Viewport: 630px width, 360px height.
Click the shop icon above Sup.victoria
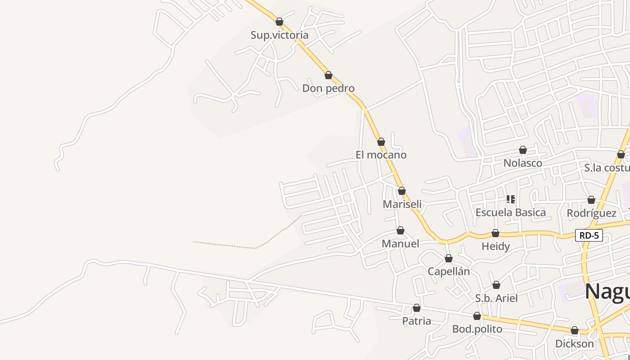tap(279, 22)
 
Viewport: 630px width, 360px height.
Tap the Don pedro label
tap(328, 88)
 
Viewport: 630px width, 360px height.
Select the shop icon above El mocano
tap(381, 142)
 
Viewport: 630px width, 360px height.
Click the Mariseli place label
tap(402, 204)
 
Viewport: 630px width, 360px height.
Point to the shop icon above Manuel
tap(400, 231)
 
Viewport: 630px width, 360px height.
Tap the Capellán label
tap(449, 271)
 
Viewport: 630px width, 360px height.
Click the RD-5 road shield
tap(589, 235)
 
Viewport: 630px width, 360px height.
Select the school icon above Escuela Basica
tap(511, 199)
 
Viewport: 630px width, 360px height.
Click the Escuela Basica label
tap(511, 212)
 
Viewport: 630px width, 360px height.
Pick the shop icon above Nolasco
tap(523, 150)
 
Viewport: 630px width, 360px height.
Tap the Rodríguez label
tap(591, 213)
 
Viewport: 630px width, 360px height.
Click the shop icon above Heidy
tap(495, 233)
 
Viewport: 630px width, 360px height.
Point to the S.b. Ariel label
tap(496, 298)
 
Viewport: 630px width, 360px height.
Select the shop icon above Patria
tap(417, 308)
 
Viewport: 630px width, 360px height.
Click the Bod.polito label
tap(477, 329)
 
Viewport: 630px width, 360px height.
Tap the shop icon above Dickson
tap(575, 331)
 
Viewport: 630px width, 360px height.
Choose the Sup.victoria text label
tap(279, 35)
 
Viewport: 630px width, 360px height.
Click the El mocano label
tap(381, 155)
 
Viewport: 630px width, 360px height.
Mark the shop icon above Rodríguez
tap(591, 200)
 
